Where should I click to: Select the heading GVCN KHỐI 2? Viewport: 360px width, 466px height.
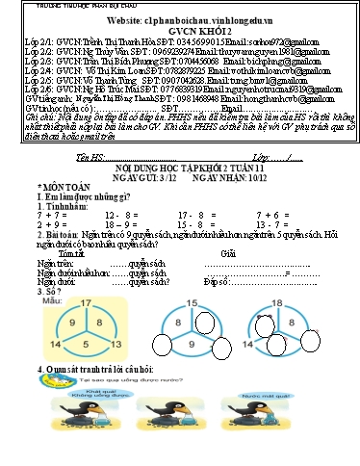tap(184, 31)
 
